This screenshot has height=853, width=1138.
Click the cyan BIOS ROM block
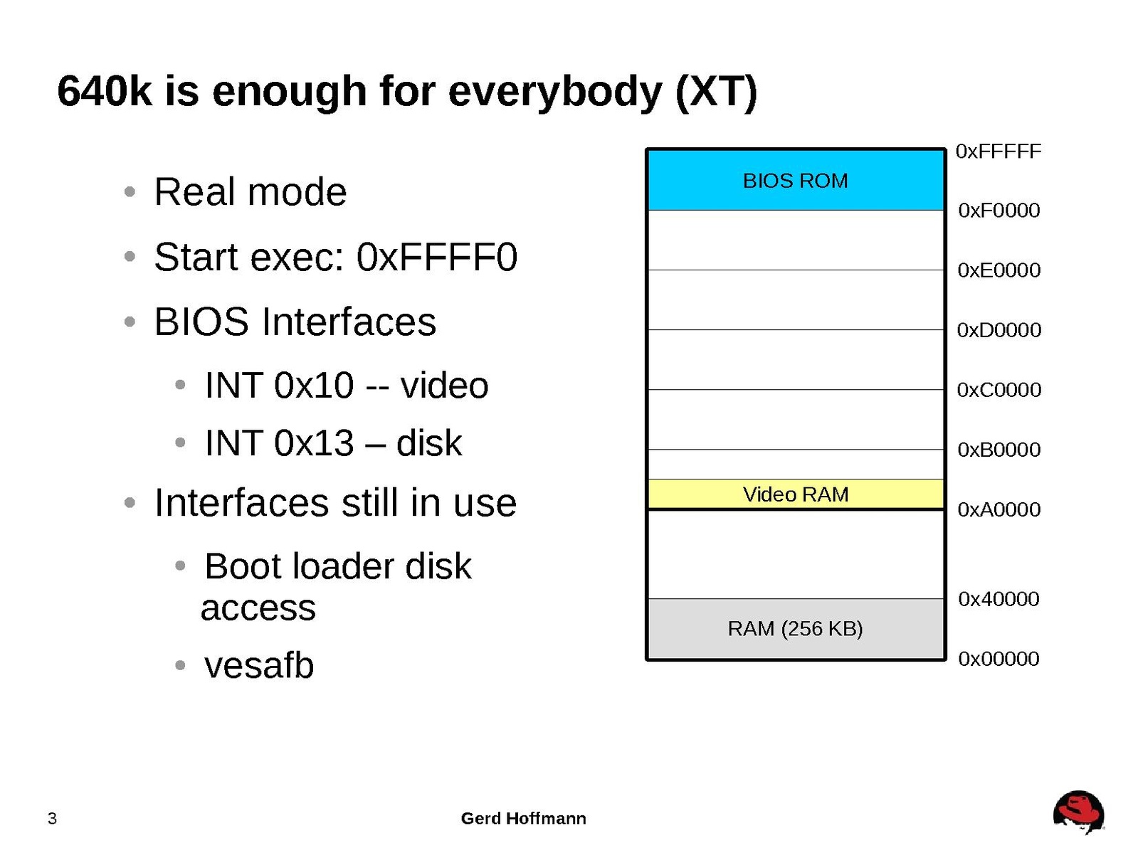click(795, 180)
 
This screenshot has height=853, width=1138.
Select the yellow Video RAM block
click(795, 494)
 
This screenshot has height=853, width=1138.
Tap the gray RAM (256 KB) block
click(795, 629)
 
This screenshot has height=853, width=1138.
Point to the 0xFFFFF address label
click(998, 152)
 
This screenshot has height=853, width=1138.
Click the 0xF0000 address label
click(999, 211)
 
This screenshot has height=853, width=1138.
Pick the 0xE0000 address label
click(999, 270)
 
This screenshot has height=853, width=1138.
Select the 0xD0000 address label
click(999, 329)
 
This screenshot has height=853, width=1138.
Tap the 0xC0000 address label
click(999, 390)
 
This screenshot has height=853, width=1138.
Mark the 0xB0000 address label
click(999, 450)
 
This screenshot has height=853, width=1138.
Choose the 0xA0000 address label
click(999, 509)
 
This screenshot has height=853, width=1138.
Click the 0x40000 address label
click(998, 599)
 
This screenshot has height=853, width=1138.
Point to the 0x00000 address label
click(998, 659)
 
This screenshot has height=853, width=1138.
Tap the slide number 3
click(52, 818)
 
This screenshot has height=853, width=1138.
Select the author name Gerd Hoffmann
click(523, 818)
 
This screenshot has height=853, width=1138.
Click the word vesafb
click(259, 665)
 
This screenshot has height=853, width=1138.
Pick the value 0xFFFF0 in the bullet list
click(436, 257)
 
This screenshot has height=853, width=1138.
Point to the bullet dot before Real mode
click(130, 192)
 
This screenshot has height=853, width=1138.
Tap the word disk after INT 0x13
click(428, 443)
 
